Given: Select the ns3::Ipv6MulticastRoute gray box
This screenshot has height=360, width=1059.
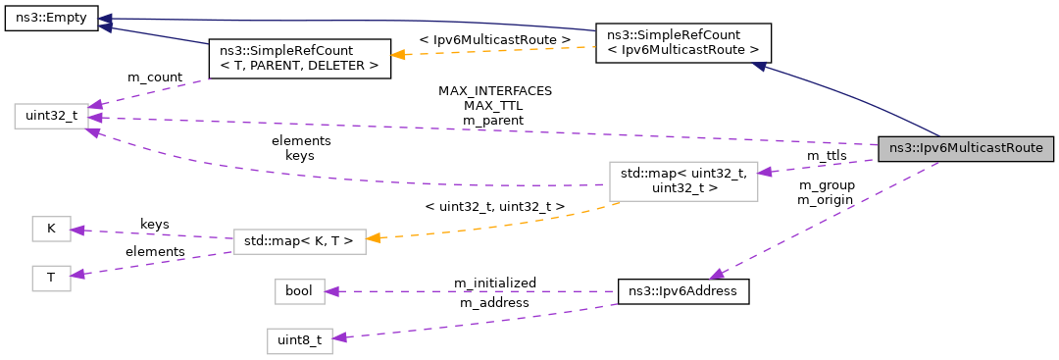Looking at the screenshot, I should (x=966, y=149).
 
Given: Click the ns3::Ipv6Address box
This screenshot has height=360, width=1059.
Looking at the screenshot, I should (x=683, y=291).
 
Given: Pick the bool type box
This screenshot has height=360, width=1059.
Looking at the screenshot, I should (x=297, y=291).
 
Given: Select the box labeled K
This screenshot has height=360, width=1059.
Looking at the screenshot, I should (x=51, y=230).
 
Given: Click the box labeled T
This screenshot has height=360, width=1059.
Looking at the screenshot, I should (x=51, y=278).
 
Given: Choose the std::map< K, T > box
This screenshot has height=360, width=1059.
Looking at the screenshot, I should (x=299, y=238).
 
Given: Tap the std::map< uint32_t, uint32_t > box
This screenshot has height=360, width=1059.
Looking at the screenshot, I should (x=682, y=180).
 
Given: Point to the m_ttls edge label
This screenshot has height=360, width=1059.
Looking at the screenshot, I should (x=826, y=156).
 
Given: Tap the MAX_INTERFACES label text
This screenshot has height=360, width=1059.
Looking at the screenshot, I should (x=494, y=90).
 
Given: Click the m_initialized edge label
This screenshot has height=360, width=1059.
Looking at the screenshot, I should (x=494, y=283).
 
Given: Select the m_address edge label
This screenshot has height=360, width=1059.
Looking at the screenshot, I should (x=494, y=302).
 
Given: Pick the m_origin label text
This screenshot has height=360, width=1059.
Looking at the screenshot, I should (x=826, y=199).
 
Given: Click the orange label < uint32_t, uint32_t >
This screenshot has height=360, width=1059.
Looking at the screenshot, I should (x=494, y=207).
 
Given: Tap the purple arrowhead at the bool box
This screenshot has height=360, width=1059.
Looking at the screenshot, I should (x=332, y=291).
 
